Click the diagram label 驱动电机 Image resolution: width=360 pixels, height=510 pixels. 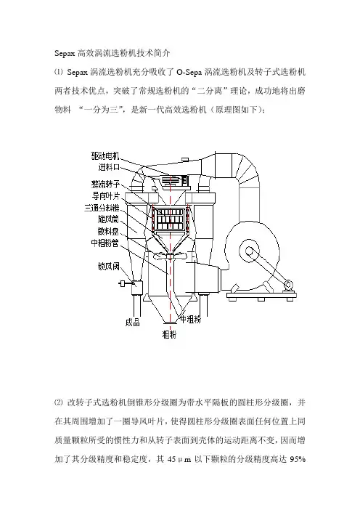coord(105,156)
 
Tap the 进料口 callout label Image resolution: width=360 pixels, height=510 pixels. coord(109,168)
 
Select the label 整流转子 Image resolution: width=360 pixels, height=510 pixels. coord(105,185)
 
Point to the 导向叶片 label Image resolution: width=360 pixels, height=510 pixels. coord(105,196)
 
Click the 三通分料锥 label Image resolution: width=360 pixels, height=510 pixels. coord(102,208)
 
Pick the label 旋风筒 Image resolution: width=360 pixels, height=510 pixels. coord(108,219)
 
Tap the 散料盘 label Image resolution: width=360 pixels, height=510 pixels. coord(108,231)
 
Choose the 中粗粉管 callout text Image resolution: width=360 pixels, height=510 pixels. coord(105,243)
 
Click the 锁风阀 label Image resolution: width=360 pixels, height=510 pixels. coord(109,267)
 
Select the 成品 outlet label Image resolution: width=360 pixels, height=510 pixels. coord(133,323)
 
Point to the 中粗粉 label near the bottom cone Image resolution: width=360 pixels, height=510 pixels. coord(191,320)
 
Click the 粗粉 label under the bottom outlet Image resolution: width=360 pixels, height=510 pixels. coord(169,334)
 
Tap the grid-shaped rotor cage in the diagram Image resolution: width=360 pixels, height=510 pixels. coord(170,219)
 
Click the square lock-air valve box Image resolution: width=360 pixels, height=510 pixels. coord(136,287)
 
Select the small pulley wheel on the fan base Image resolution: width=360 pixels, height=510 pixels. coord(287,286)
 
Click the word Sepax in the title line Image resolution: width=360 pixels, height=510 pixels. coord(65,53)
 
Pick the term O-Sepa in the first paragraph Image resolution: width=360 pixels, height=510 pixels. coord(189,72)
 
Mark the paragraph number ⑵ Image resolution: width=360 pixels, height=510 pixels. coord(59,402)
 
